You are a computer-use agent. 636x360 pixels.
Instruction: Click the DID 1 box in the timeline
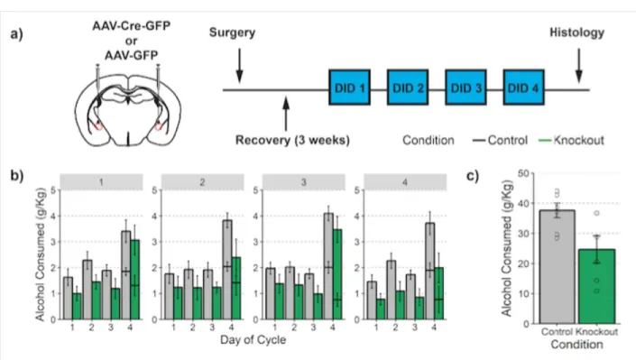[x=350, y=88]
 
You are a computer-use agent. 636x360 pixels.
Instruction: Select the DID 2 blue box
[x=408, y=88]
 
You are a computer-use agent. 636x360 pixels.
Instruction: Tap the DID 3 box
[x=465, y=88]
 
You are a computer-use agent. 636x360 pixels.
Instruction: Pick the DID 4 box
[x=523, y=88]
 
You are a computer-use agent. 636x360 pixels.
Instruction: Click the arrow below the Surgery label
[x=239, y=65]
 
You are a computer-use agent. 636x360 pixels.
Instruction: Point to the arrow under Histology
[x=579, y=65]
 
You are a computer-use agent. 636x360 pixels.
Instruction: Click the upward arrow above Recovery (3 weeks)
[x=286, y=114]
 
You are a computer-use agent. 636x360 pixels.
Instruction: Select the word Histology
[x=576, y=32]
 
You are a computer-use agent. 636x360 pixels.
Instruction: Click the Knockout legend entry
[x=572, y=141]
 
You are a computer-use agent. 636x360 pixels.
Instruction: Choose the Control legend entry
[x=500, y=141]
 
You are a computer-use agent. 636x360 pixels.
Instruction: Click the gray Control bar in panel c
[x=558, y=267]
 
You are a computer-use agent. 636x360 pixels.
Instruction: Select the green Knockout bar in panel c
[x=596, y=287]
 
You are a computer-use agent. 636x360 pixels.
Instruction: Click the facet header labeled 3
[x=303, y=182]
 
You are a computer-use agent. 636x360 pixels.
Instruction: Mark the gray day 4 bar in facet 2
[x=227, y=270]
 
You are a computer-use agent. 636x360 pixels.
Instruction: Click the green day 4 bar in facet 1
[x=135, y=280]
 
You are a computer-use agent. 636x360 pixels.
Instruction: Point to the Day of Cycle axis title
[x=253, y=340]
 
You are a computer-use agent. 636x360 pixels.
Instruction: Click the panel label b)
[x=17, y=175]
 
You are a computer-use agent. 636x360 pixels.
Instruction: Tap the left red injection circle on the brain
[x=98, y=126]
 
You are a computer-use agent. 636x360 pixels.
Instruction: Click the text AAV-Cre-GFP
[x=132, y=26]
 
